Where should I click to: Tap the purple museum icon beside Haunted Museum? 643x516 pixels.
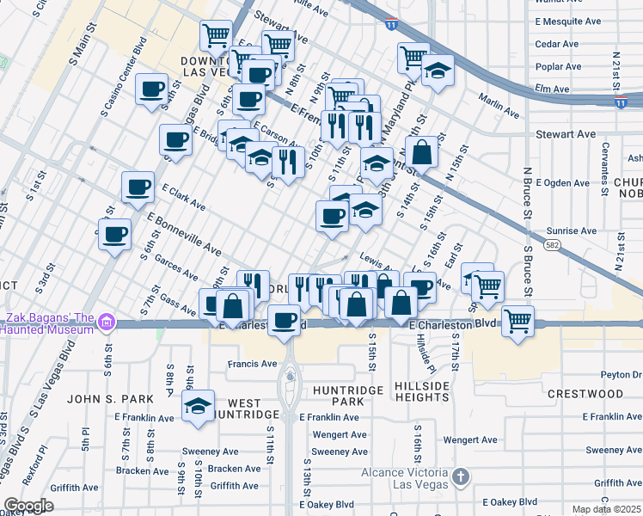coord(107,322)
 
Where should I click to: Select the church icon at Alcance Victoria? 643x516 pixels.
coord(462,476)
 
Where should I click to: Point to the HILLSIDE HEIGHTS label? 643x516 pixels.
coord(422,392)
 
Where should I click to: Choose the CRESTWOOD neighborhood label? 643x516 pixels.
coord(585,394)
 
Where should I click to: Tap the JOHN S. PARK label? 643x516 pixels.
coord(110,399)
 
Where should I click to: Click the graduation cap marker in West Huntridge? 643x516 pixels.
coord(199,406)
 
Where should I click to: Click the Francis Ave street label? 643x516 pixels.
coord(253,364)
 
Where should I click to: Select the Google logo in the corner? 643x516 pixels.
coord(28,506)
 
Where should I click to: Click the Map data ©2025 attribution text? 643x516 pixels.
coord(606,509)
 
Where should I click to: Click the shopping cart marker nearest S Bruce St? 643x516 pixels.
coord(517,322)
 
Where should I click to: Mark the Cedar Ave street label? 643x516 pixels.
coord(556,44)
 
